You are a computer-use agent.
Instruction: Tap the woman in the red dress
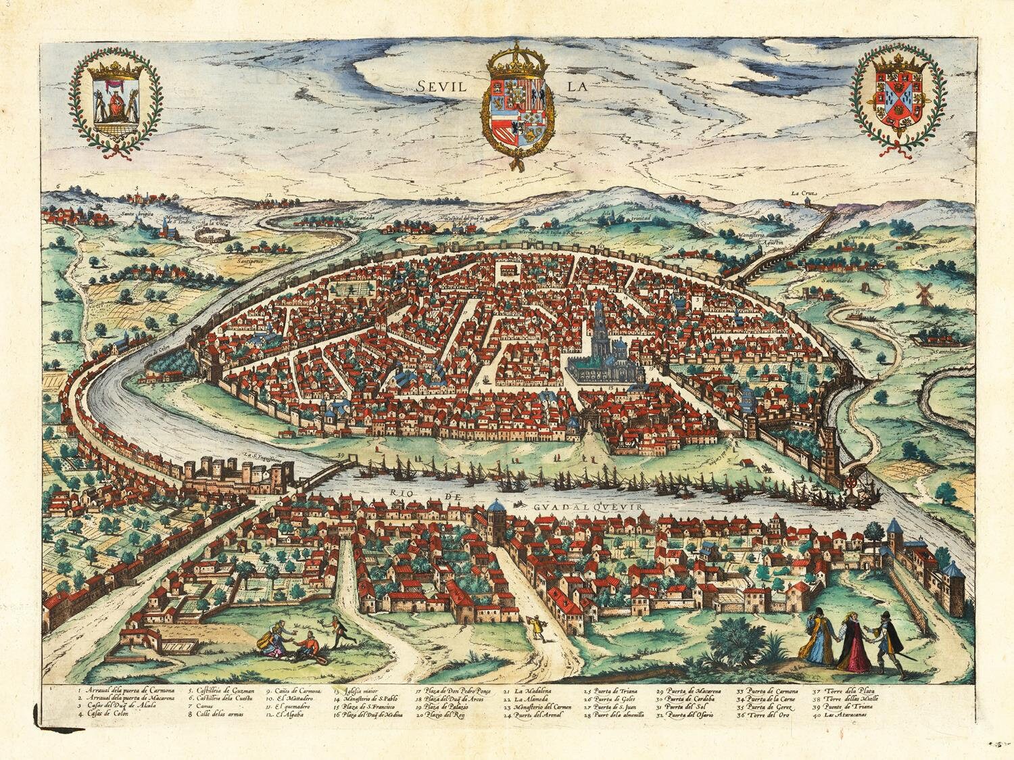click(852, 642)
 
